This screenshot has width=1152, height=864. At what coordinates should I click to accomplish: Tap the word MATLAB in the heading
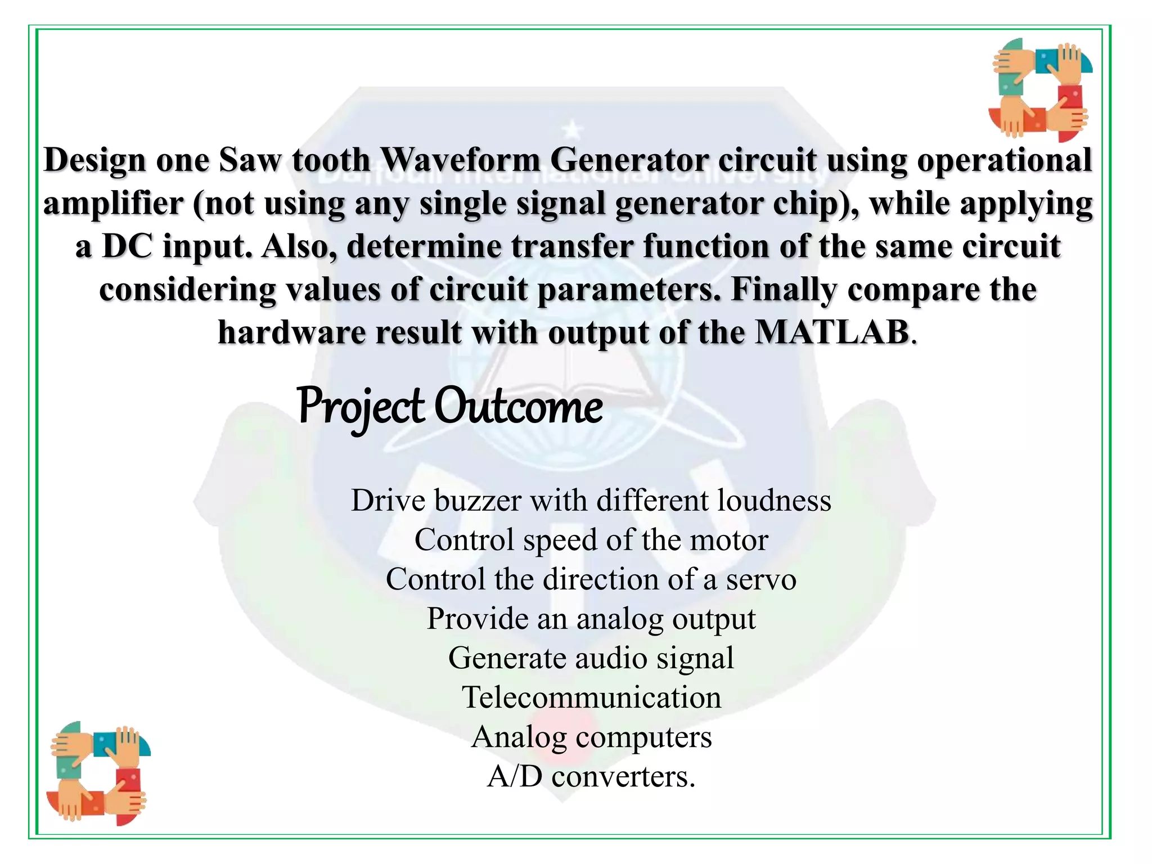[832, 332]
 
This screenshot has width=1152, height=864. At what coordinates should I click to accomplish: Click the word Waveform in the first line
[460, 160]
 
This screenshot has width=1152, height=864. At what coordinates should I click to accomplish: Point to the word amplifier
[113, 203]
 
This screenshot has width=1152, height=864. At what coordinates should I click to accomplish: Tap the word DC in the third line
[127, 246]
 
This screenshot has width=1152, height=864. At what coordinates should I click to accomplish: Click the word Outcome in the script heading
[518, 406]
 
